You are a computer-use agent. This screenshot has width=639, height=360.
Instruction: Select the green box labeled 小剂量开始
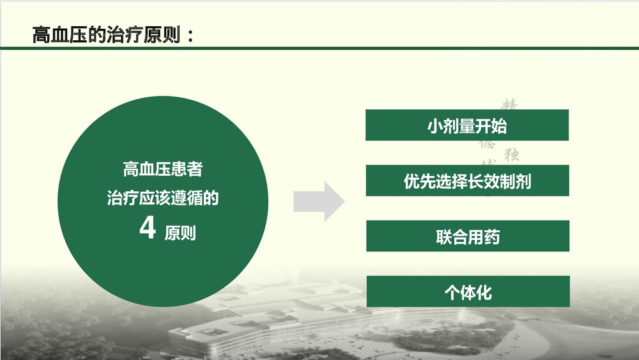pos(466,125)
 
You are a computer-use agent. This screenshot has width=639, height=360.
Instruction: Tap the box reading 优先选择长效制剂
pos(466,181)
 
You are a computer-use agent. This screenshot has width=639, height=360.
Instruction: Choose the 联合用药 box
pos(467,237)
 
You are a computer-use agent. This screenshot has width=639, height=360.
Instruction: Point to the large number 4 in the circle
pos(148,228)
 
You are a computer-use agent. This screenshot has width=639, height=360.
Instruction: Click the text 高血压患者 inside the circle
pos(163,169)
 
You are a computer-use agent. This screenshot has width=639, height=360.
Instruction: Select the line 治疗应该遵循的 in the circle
pos(163,198)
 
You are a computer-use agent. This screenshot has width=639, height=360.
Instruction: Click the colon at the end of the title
pos(190,36)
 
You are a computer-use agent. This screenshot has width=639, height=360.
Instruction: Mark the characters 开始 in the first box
pos(491,126)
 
